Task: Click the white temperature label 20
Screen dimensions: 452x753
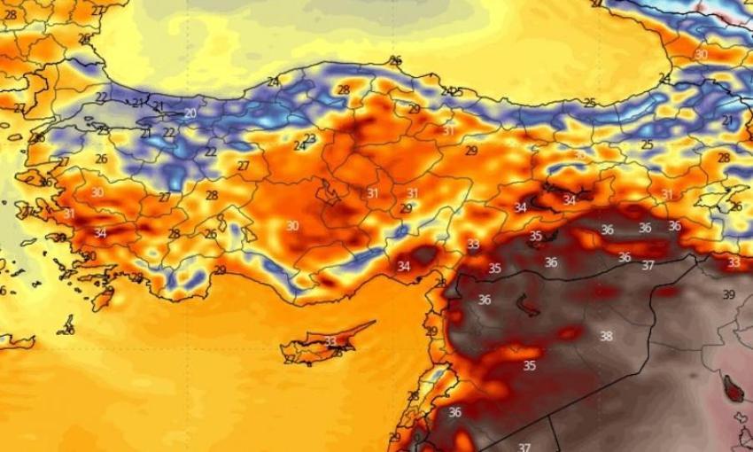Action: coord(190,113)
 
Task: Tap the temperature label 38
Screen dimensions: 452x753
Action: coord(606,337)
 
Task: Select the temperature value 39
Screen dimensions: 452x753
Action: coord(728,294)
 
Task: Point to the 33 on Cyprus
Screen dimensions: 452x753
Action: coord(330,341)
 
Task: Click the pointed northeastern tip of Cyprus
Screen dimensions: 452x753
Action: coord(373,323)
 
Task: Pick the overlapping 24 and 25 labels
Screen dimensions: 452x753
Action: coord(452,91)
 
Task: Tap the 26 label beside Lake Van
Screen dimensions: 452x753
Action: coord(735,207)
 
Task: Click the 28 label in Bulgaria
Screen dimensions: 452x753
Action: coord(10,15)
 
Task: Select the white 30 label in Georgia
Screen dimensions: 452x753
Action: coord(701,55)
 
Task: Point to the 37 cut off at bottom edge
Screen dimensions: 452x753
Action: coord(524,447)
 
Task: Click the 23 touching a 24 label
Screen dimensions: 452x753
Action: coord(309,139)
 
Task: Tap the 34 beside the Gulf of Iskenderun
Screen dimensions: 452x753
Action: coord(404,266)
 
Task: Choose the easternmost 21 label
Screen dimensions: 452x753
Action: coord(727,121)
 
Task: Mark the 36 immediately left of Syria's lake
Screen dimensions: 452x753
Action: coord(485,300)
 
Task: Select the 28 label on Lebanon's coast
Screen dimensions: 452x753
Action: coord(413,396)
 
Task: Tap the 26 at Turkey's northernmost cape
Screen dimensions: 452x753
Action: coord(395,60)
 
